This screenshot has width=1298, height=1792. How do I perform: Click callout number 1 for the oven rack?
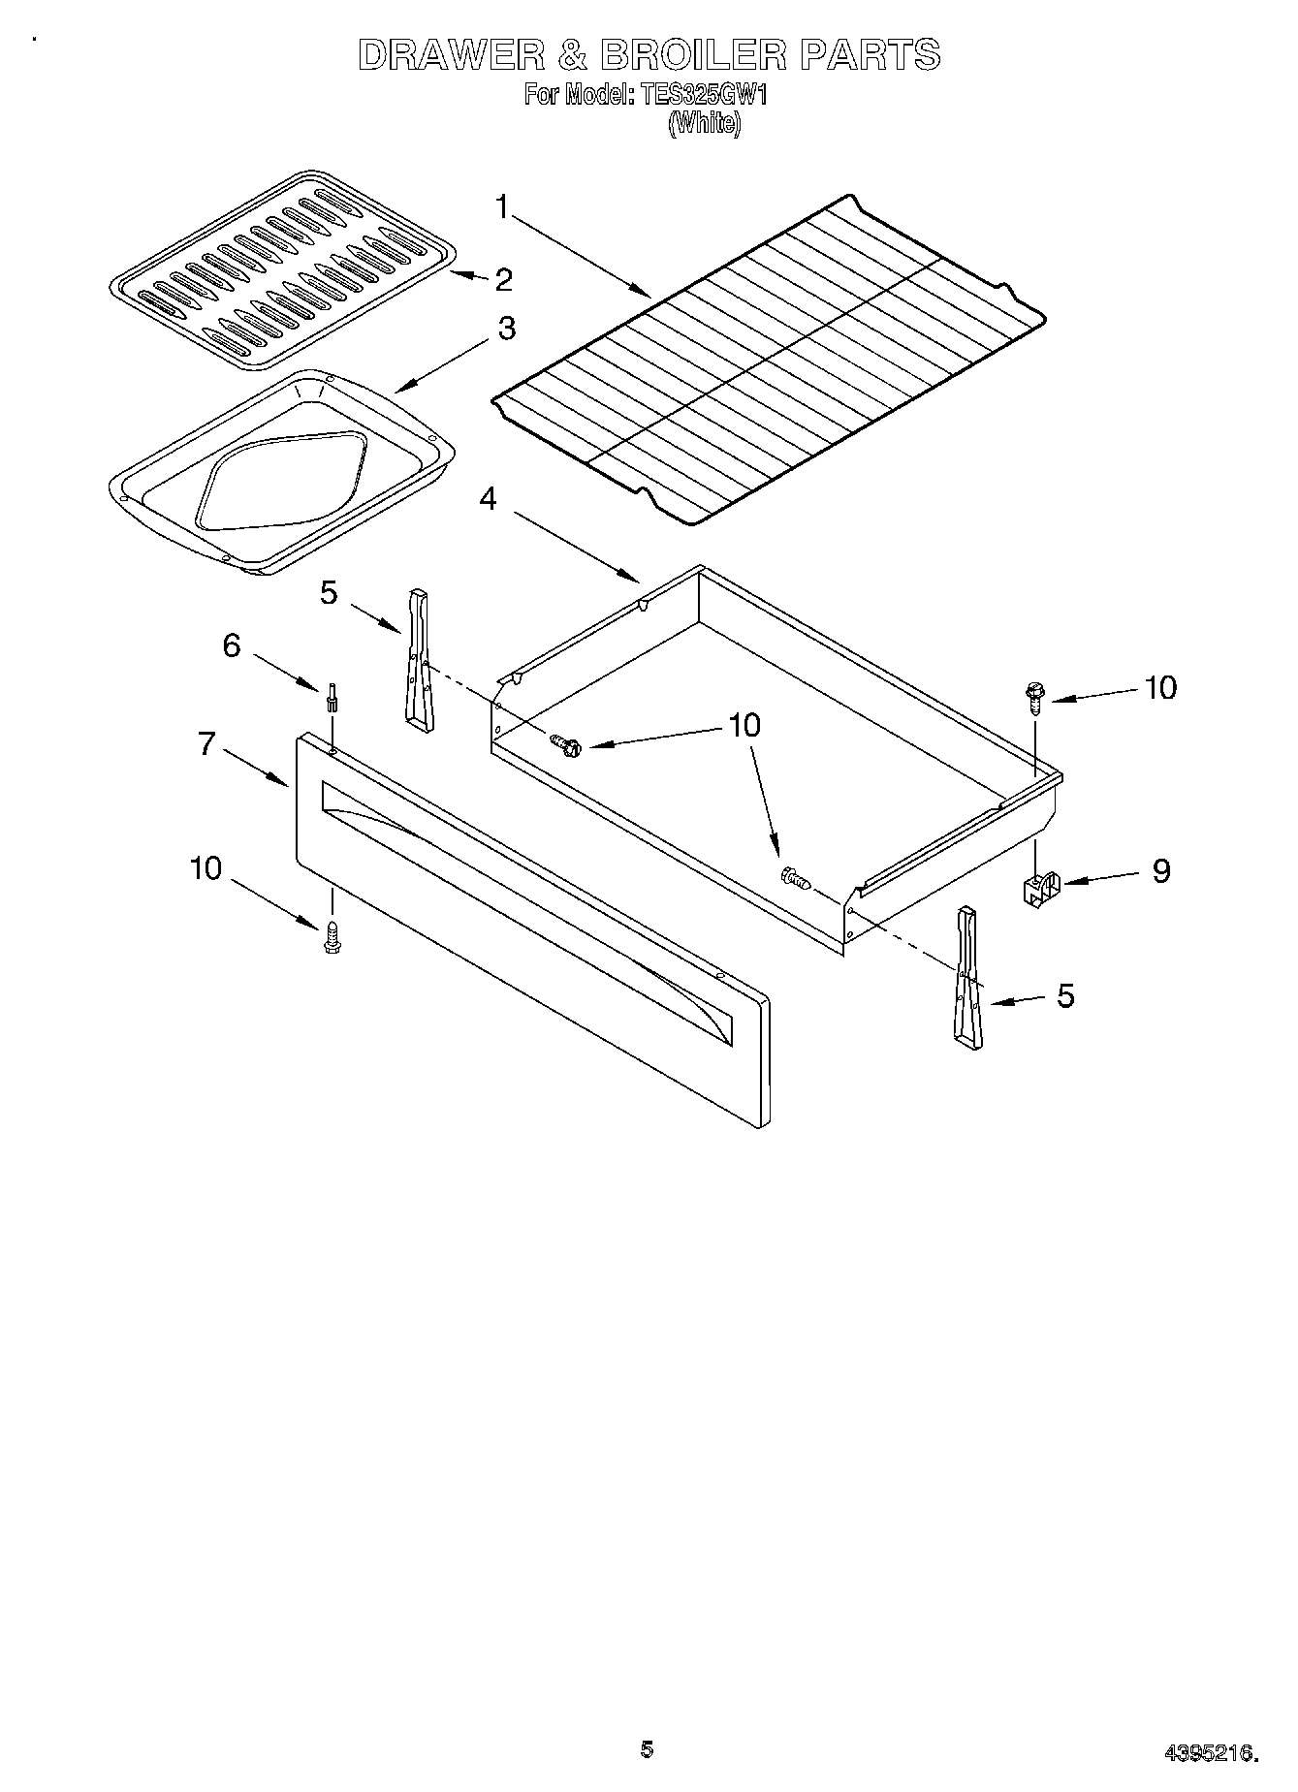point(502,206)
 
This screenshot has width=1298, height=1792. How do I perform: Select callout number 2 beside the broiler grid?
point(503,279)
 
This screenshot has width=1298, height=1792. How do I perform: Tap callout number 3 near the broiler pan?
point(506,328)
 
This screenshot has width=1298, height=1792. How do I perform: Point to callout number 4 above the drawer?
point(488,499)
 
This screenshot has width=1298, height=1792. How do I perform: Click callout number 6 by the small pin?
point(232,644)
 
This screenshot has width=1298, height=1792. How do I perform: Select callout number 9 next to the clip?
point(1160,870)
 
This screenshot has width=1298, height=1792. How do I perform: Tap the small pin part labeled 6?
point(332,698)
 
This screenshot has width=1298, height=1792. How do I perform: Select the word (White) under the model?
point(705,123)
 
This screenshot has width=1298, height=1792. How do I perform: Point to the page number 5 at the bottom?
point(647,1749)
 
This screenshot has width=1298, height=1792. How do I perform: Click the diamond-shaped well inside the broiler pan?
point(281,478)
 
